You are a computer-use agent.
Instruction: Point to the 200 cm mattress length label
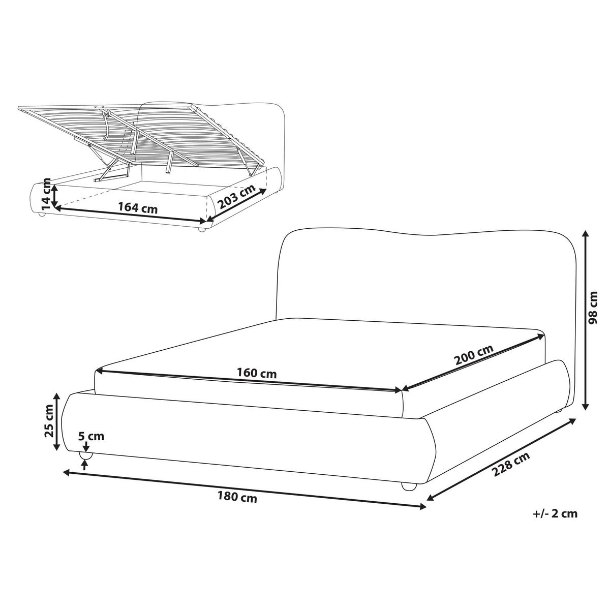click(474, 354)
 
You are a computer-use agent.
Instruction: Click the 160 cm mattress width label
click(257, 374)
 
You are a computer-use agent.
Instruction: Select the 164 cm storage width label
click(138, 208)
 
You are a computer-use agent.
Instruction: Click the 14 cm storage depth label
click(46, 194)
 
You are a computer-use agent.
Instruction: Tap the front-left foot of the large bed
click(85, 455)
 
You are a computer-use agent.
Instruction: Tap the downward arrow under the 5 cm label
click(84, 447)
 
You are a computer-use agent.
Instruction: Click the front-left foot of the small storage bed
click(41, 215)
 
